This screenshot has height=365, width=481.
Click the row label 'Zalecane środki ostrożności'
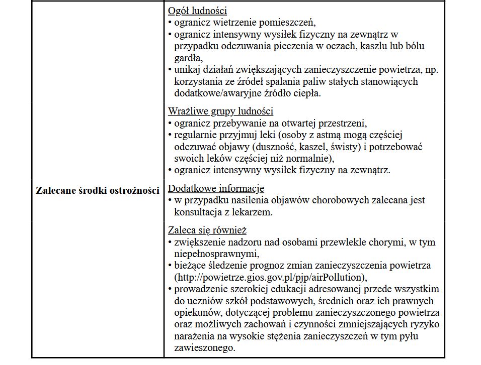pyautogui.click(x=98, y=191)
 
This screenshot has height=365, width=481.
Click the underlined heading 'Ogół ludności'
pyautogui.click(x=197, y=11)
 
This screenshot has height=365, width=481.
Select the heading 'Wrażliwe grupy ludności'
pyautogui.click(x=220, y=111)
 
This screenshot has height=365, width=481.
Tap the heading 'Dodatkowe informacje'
pyautogui.click(x=216, y=188)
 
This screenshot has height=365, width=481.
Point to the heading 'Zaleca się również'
pyautogui.click(x=207, y=230)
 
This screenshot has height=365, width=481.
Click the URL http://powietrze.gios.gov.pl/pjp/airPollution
pyautogui.click(x=268, y=277)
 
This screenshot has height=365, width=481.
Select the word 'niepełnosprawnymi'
pyautogui.click(x=216, y=253)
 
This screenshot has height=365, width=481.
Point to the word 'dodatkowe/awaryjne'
pyautogui.click(x=214, y=93)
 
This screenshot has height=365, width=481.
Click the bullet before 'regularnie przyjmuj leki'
pyautogui.click(x=170, y=135)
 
